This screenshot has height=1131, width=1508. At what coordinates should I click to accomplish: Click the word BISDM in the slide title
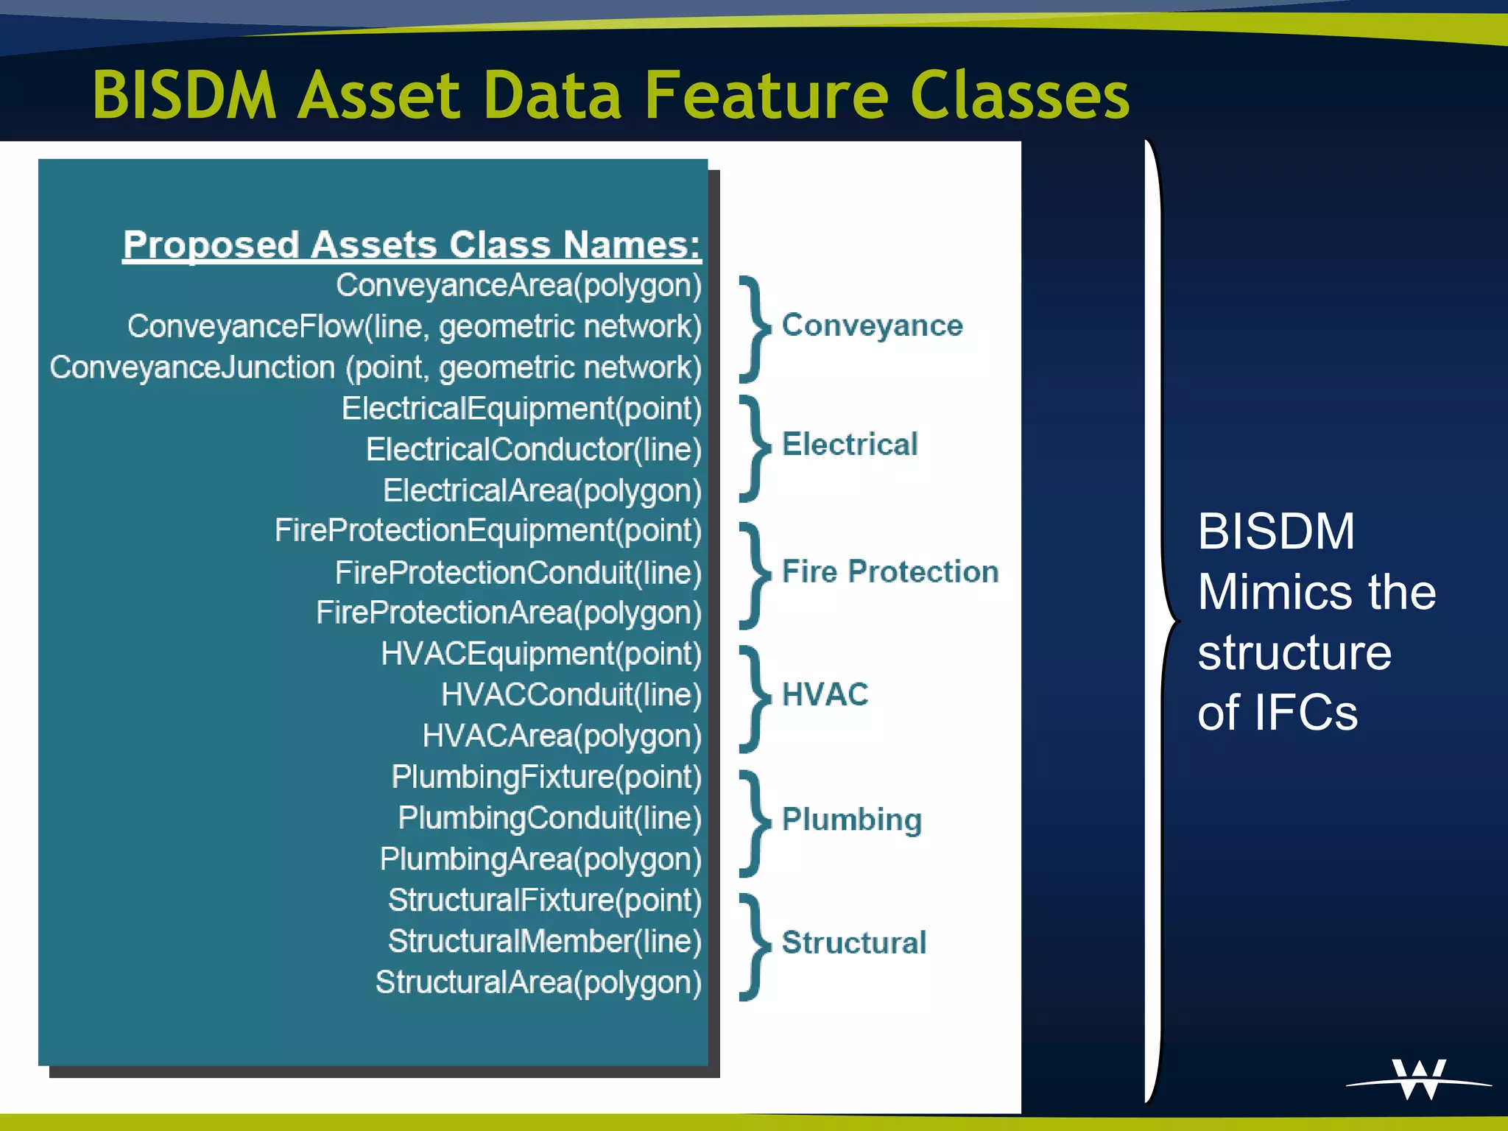pyautogui.click(x=184, y=96)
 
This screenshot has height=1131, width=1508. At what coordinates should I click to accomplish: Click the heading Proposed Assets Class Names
pyautogui.click(x=412, y=244)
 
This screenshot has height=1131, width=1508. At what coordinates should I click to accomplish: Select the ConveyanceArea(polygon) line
pyautogui.click(x=518, y=286)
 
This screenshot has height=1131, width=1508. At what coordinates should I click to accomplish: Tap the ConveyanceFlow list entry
pyautogui.click(x=414, y=327)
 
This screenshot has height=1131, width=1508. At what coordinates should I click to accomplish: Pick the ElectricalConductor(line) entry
pyautogui.click(x=534, y=450)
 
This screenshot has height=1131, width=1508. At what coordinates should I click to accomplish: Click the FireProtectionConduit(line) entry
pyautogui.click(x=518, y=573)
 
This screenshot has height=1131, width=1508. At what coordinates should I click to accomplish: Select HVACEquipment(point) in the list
pyautogui.click(x=541, y=654)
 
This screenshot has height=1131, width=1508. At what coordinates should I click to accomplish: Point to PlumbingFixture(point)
pyautogui.click(x=546, y=777)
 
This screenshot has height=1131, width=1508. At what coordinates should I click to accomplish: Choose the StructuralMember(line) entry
pyautogui.click(x=544, y=941)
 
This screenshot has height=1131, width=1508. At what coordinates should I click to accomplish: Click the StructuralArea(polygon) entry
pyautogui.click(x=538, y=982)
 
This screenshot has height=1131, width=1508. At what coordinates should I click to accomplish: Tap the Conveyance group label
pyautogui.click(x=872, y=325)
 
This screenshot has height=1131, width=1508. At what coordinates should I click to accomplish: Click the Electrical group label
pyautogui.click(x=850, y=445)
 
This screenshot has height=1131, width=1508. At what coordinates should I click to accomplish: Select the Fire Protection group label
pyautogui.click(x=889, y=572)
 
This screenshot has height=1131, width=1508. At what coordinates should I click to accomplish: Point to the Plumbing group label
pyautogui.click(x=851, y=820)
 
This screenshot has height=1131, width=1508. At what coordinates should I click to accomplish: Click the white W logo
pyautogui.click(x=1418, y=1079)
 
